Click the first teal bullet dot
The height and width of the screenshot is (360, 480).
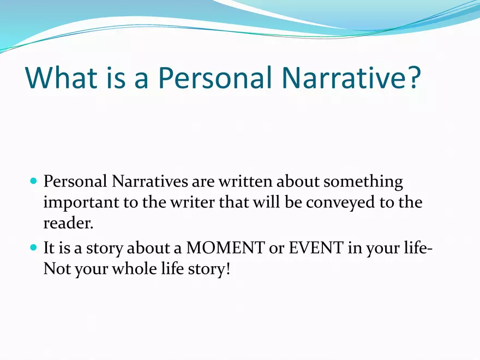coord(34,180)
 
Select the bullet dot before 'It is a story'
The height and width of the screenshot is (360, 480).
coord(34,247)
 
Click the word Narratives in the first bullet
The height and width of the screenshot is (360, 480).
coord(149,181)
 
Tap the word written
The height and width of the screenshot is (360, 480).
coord(245,181)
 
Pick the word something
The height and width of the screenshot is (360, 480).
coord(363,182)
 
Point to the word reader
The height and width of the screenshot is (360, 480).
coord(68,223)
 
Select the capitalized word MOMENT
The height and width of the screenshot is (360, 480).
coord(225,248)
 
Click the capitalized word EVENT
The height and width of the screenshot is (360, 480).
coord(316,248)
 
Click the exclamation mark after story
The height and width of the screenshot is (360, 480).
coord(227,268)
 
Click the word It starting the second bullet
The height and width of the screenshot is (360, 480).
coord(49,248)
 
